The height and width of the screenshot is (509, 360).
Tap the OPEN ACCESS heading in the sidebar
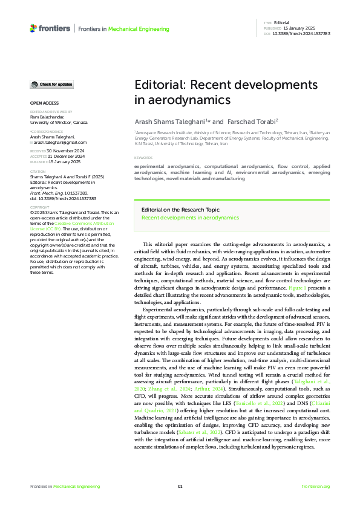(x=44, y=103)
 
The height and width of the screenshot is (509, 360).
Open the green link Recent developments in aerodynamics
(x=190, y=216)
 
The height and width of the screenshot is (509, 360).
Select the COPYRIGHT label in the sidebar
(x=40, y=207)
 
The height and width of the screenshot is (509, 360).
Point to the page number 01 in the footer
(x=180, y=486)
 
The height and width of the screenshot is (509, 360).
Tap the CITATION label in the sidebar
(x=39, y=172)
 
